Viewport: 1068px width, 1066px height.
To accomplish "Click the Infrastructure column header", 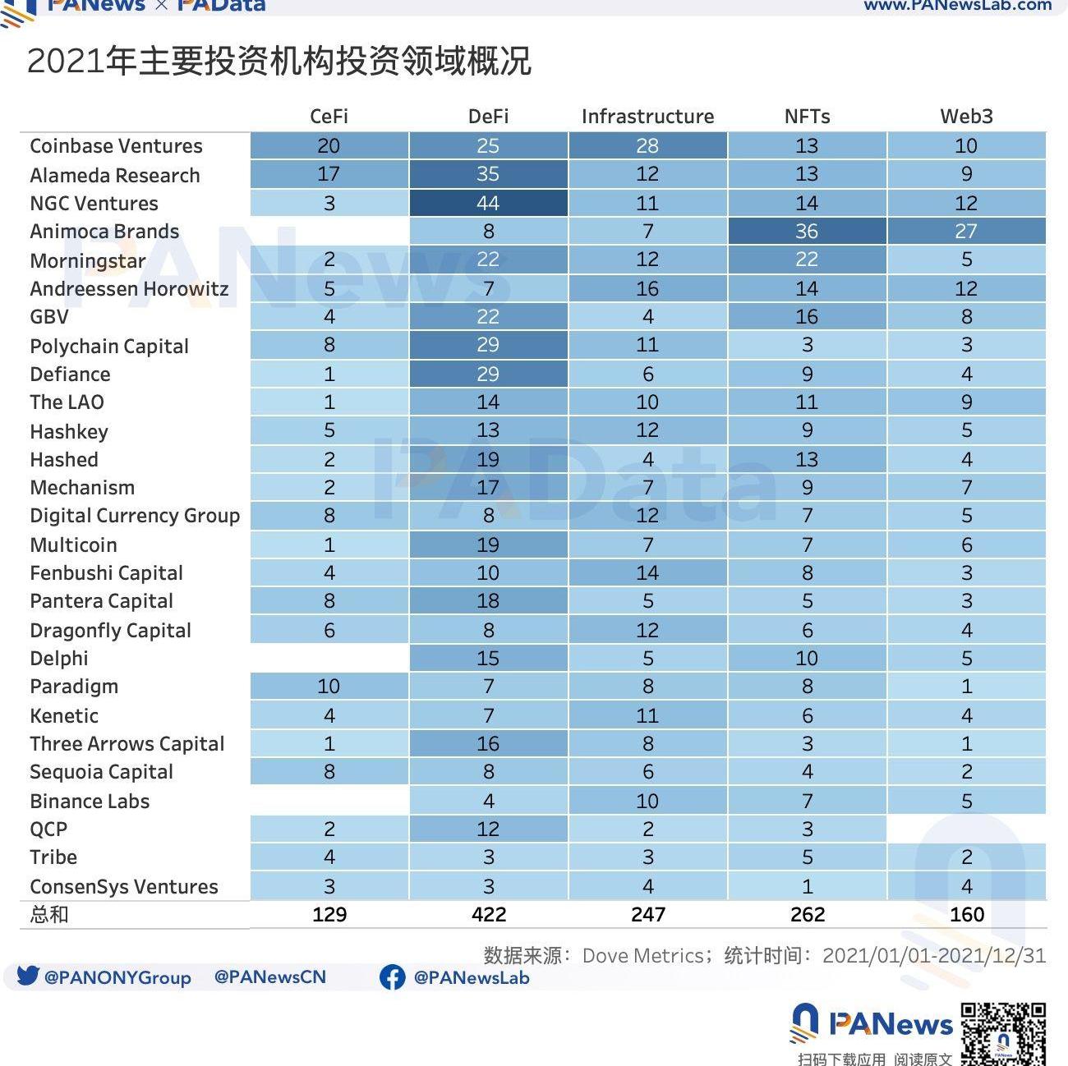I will pos(647,117).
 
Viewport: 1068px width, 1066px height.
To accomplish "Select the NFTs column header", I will pos(807,117).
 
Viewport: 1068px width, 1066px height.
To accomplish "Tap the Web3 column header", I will pos(966,117).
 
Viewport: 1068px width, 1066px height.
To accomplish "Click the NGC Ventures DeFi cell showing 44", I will pos(488,203).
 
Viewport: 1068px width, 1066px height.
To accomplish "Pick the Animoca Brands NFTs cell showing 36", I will pos(807,232).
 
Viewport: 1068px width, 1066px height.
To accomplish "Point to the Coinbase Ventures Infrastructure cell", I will pos(647,146).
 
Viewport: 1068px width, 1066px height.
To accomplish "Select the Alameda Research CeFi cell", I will pos(329,174).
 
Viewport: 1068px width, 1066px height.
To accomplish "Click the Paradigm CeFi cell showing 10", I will pos(329,687).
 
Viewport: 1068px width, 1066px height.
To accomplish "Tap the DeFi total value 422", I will pos(489,915).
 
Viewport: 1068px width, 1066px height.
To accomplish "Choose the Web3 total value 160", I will pos(966,915).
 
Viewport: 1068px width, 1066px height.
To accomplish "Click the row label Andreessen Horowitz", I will pos(129,289).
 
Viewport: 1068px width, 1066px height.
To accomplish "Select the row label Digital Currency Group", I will pos(135,516).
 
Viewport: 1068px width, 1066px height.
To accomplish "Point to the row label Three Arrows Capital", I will pos(127,744).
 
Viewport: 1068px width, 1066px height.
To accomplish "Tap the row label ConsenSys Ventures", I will pos(124,887).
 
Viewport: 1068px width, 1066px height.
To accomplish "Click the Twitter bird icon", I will pos(28,976).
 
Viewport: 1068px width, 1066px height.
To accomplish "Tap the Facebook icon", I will pos(392,977).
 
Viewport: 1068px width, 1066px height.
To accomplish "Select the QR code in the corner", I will pos(1003,1033).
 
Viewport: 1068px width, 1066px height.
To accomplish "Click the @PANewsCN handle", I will pos(269,977).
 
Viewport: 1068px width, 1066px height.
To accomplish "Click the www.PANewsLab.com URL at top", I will pos(957,6).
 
